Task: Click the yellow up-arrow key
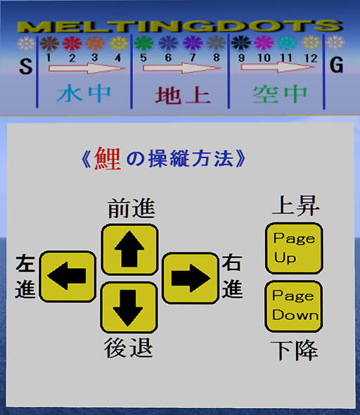129,250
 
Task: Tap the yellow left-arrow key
67,276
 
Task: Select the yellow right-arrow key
191,278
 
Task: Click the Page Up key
294,248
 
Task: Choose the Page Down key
294,306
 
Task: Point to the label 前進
131,208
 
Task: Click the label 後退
129,347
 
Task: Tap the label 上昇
296,205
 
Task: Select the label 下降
294,350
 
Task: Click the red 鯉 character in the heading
108,159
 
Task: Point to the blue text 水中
84,94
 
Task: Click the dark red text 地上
183,95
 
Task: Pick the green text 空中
280,94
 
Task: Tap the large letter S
25,66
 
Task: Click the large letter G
337,65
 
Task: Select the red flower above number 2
72,44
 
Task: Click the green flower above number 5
143,43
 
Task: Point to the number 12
311,58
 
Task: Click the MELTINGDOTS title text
180,26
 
